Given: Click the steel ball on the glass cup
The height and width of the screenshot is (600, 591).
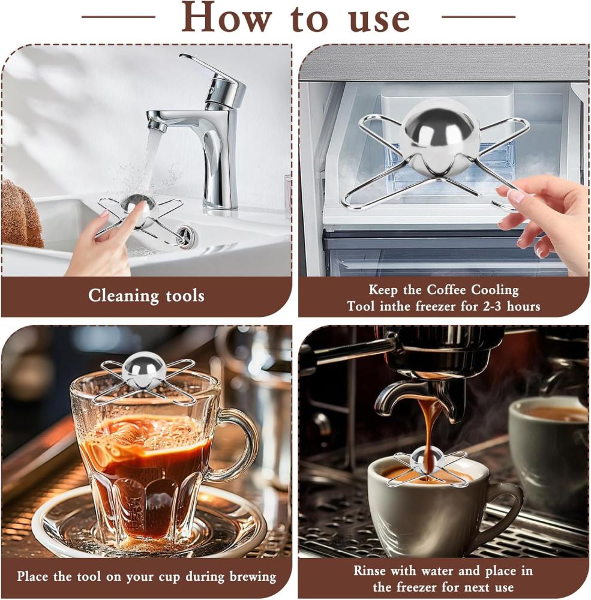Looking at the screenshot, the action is pyautogui.click(x=145, y=367).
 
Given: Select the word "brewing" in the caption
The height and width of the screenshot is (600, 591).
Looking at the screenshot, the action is pyautogui.click(x=252, y=577).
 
